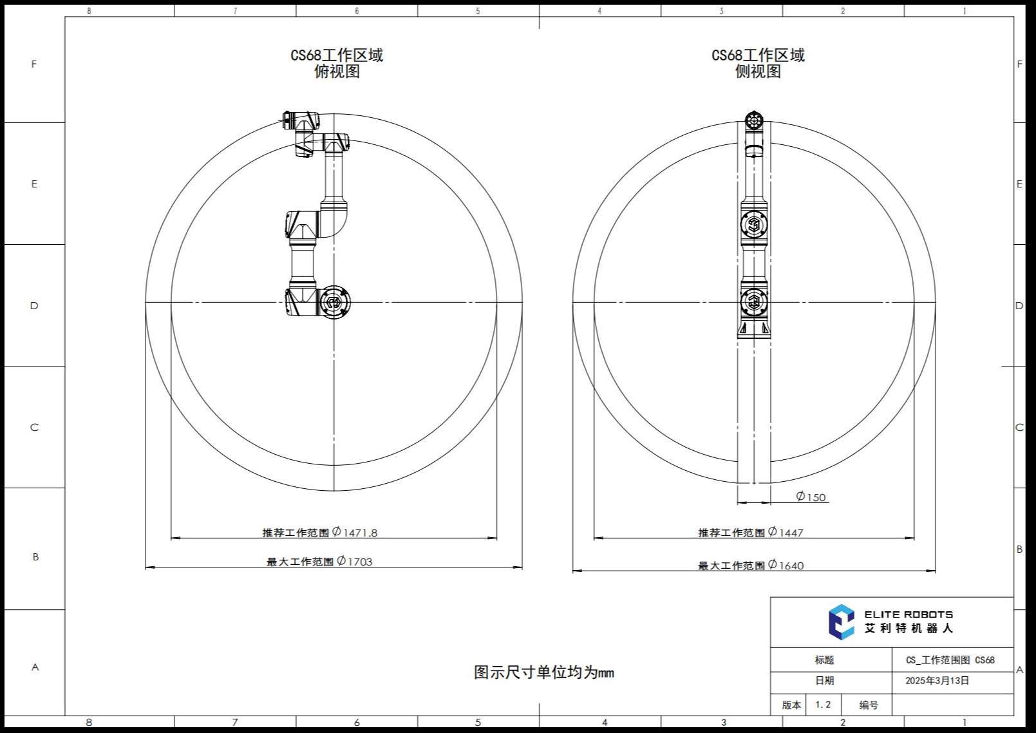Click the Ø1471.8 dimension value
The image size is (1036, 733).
point(355,532)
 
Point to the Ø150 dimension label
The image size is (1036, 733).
point(811,497)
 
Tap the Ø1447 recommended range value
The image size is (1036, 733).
point(786,532)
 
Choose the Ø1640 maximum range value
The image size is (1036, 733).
point(786,565)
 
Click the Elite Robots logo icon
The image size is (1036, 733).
point(842,622)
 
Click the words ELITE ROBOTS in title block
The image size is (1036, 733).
point(909,614)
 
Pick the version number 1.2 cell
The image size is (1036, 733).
point(824,705)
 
